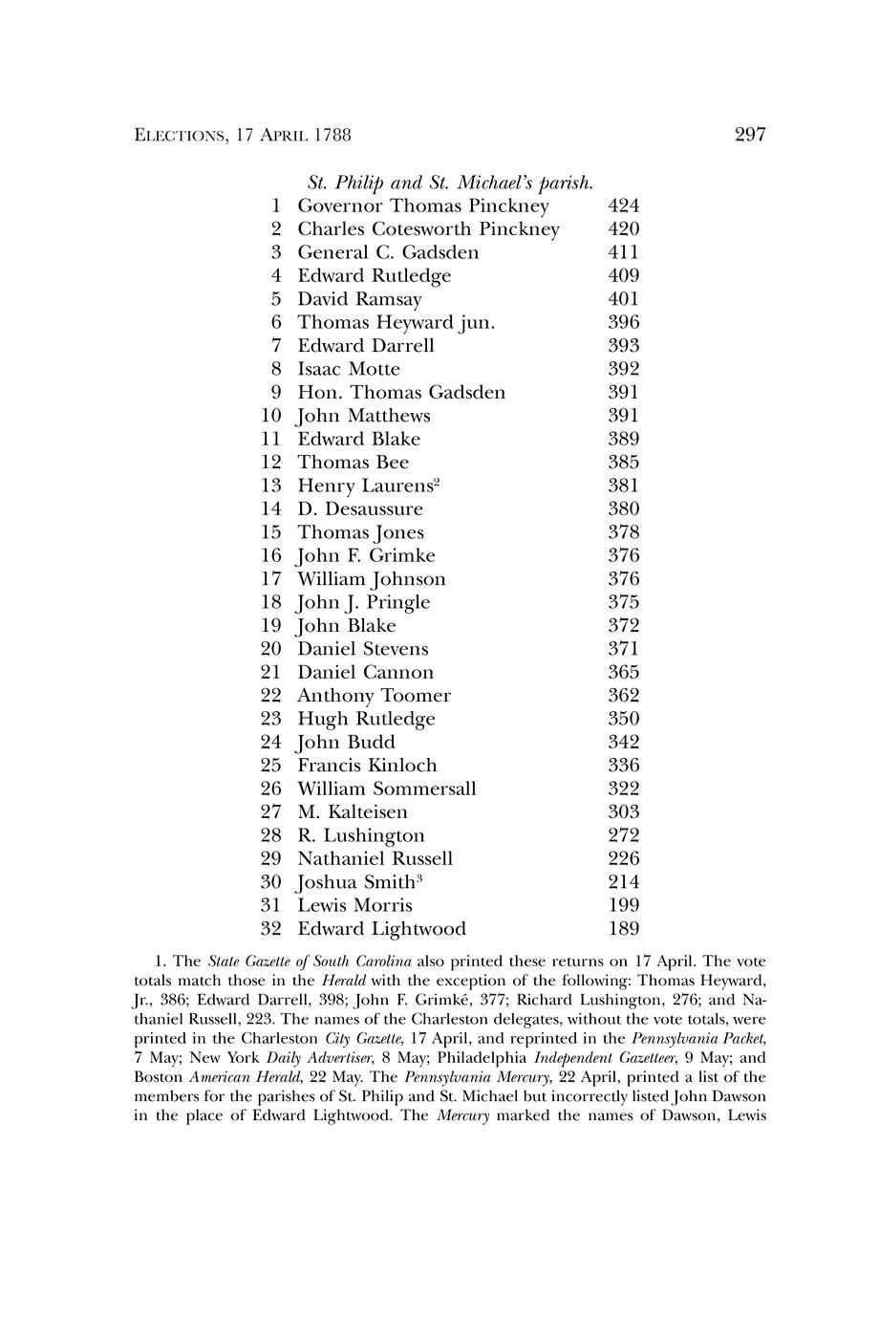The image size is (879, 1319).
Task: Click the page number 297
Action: click(751, 135)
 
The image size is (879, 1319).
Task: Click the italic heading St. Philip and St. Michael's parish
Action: click(451, 183)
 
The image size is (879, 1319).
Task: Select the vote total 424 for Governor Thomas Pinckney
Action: click(624, 206)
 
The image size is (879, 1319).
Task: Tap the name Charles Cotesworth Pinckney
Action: click(428, 229)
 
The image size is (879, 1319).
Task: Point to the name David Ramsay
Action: click(359, 299)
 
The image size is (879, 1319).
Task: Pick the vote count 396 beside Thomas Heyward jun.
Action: click(624, 323)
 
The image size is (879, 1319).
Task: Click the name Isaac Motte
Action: click(349, 369)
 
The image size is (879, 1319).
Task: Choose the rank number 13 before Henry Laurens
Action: click(271, 486)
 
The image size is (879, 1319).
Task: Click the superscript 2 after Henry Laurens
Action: click(436, 481)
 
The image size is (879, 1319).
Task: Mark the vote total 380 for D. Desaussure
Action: click(624, 509)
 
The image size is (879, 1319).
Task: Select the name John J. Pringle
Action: click(363, 602)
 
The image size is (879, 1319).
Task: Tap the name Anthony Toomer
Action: click(374, 696)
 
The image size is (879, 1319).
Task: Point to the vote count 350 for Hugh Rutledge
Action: click(624, 719)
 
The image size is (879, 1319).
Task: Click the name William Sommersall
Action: click(386, 789)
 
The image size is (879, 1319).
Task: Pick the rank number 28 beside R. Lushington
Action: click(271, 835)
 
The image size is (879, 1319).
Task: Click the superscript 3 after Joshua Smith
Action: click(419, 876)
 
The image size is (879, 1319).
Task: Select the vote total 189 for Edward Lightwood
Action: click(624, 929)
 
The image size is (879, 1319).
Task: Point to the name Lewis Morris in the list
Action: click(354, 905)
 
